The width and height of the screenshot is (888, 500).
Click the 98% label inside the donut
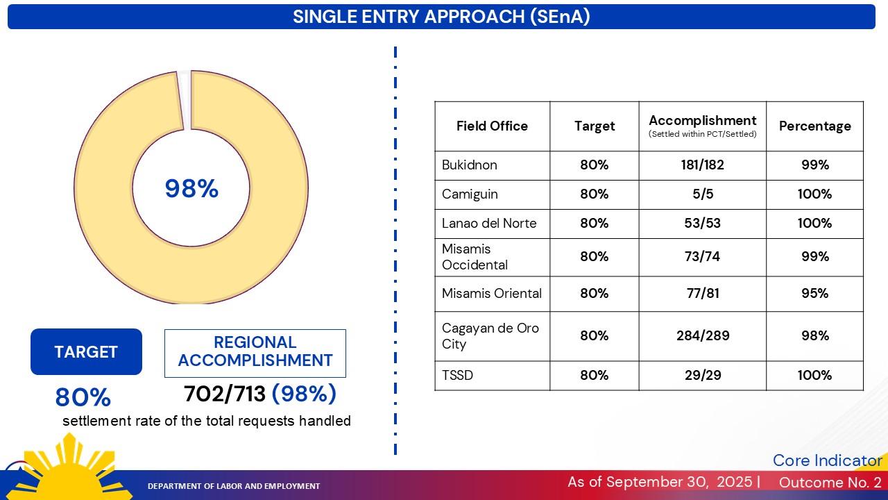tap(191, 189)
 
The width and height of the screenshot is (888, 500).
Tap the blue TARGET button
tap(86, 352)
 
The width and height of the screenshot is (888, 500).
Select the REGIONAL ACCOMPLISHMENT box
tap(255, 352)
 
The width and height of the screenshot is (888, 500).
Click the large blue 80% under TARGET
tap(83, 398)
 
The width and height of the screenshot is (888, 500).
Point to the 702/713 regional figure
tap(225, 394)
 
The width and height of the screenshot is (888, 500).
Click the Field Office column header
tap(492, 126)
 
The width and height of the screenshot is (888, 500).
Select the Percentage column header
tap(814, 126)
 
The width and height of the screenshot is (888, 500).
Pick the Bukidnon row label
tap(470, 165)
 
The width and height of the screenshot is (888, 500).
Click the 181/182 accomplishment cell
tap(702, 165)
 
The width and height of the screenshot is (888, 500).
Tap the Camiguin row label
tap(470, 194)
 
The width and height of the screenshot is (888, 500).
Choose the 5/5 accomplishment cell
tap(702, 194)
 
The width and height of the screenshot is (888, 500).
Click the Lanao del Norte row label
tap(489, 224)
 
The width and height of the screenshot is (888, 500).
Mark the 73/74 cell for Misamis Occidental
tap(702, 257)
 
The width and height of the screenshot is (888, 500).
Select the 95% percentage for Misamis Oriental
tap(814, 294)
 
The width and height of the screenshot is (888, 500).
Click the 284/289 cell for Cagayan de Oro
tap(702, 336)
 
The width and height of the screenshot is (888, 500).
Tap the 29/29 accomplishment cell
tap(702, 376)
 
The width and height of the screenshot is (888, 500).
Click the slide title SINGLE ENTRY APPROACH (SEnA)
tap(441, 17)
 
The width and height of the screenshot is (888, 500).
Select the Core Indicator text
tap(827, 460)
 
